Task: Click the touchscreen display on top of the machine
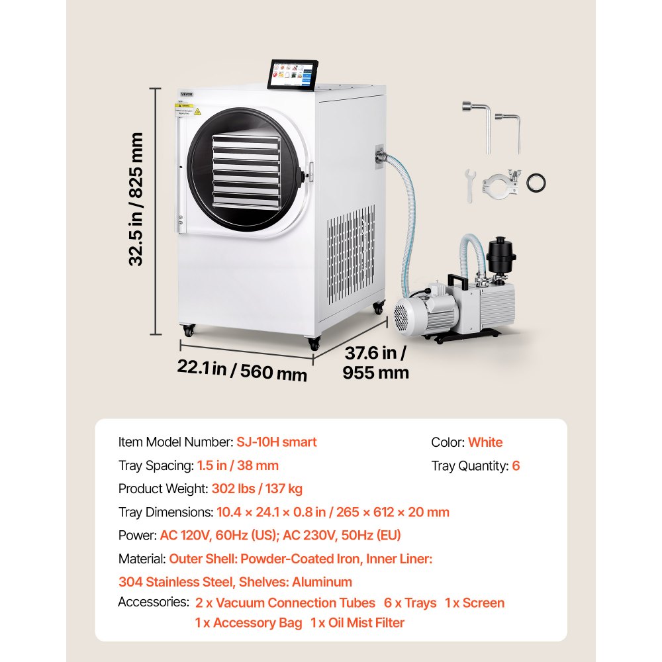(293, 75)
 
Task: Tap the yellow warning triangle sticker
(197, 111)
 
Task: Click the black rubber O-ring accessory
(536, 183)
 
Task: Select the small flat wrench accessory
(470, 186)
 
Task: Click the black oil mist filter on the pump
(500, 255)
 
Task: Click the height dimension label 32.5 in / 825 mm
(136, 199)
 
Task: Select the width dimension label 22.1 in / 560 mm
(242, 370)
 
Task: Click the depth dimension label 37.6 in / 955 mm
(375, 363)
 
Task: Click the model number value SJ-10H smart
(277, 442)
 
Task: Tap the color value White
(485, 442)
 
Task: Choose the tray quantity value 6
(516, 465)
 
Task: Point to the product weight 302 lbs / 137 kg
(257, 489)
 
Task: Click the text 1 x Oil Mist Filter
(357, 623)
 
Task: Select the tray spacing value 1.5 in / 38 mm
(238, 465)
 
